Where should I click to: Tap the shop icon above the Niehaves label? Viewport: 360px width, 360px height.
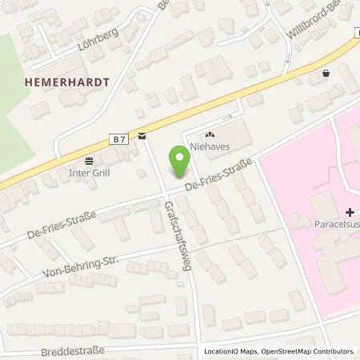coord(211,135)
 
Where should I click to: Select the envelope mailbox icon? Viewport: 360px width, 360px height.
coord(141,136)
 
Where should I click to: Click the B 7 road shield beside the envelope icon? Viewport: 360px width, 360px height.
coord(118,139)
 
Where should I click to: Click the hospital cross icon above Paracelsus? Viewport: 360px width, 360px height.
coord(350,213)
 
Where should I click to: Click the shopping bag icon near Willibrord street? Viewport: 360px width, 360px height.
coord(325,74)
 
